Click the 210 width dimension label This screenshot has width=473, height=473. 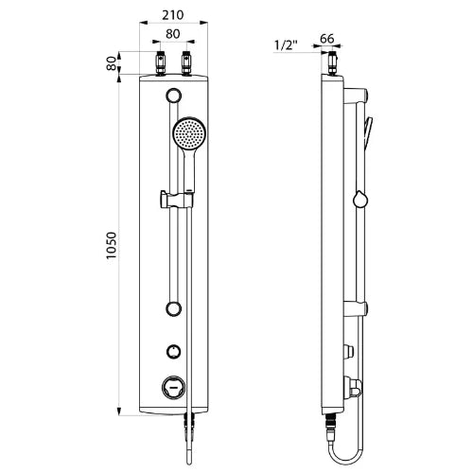[x=173, y=15]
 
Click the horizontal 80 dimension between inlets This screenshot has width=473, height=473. [x=173, y=34]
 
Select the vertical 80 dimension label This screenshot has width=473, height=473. [x=111, y=63]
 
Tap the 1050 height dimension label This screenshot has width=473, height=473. [x=111, y=246]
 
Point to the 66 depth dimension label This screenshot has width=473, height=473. [x=326, y=39]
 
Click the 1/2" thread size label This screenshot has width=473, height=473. [x=286, y=45]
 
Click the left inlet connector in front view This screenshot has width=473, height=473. [x=161, y=64]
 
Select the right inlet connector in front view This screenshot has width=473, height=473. [x=186, y=64]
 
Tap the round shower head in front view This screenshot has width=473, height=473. [x=189, y=133]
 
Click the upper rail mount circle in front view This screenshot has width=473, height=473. [x=174, y=96]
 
